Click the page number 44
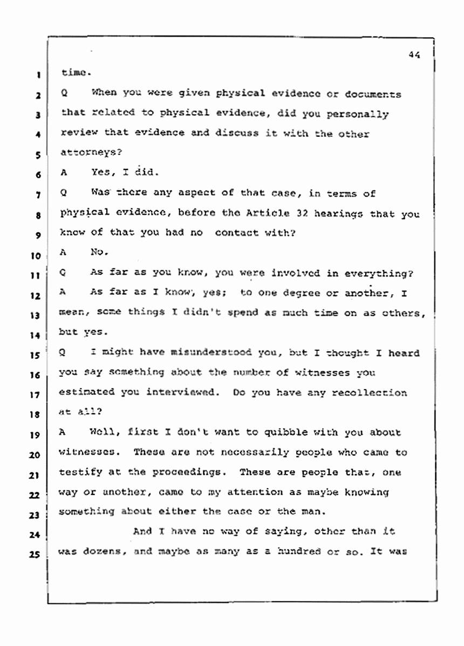pos(414,54)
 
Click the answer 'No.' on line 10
pos(100,253)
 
